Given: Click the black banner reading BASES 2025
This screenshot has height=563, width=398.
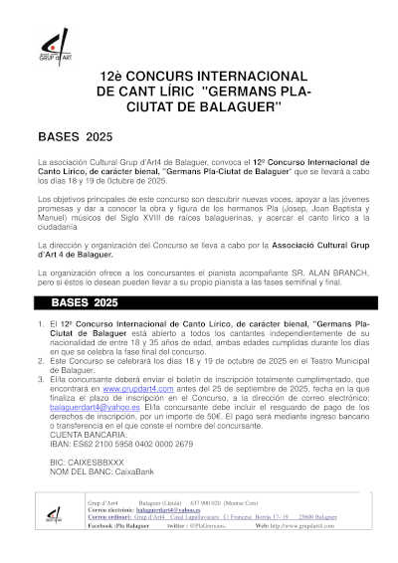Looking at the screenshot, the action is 85,301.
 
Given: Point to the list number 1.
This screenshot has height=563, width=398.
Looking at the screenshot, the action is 40,323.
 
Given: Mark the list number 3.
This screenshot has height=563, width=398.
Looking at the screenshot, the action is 40,378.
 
